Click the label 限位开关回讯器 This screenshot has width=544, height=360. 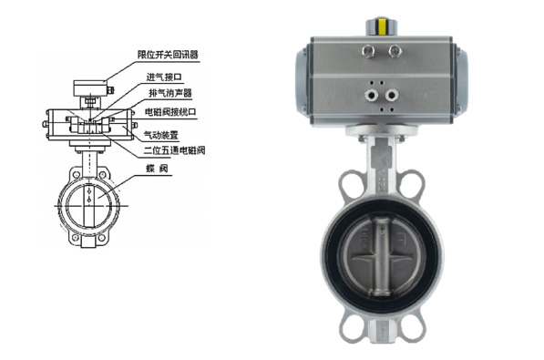coord(168,55)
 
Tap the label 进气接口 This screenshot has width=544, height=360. coord(164,77)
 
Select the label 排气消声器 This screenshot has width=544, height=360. coord(170,93)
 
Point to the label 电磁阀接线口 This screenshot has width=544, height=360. coord(170,112)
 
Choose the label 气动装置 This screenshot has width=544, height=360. coord(160,134)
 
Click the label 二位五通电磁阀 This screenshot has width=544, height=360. coord(175,150)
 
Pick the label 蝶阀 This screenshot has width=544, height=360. coord(157,169)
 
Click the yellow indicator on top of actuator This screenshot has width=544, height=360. coord(382,26)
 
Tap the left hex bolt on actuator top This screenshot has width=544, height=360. coord(368,51)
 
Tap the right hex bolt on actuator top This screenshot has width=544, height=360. coord(395,51)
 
